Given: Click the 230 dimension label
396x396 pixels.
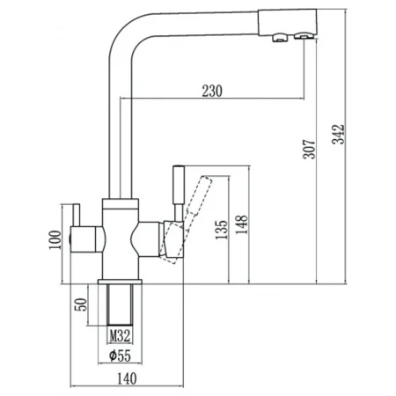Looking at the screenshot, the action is (x=212, y=91).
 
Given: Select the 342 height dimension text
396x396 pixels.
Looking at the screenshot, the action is (x=338, y=135).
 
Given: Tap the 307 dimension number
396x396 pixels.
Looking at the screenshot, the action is (x=309, y=150).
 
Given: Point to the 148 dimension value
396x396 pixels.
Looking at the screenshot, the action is (x=242, y=224).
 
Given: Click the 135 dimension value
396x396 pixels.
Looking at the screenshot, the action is (x=222, y=230).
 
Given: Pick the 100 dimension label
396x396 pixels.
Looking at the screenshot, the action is (x=55, y=240).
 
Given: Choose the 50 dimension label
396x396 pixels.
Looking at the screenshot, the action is (x=81, y=304).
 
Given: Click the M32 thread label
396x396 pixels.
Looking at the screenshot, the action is (x=120, y=335).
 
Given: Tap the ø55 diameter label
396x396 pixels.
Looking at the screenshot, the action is (x=120, y=356).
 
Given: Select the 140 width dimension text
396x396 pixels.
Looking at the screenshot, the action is (x=127, y=378).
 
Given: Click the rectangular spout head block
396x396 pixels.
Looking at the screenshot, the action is (x=288, y=22).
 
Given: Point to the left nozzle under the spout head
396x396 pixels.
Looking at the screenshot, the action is (x=280, y=38).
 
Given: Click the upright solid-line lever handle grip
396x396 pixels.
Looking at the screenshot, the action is (x=179, y=185).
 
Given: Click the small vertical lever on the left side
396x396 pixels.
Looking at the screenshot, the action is (x=77, y=215).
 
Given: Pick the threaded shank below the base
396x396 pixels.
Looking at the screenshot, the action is (x=121, y=304).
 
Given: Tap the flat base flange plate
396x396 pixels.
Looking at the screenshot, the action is (x=120, y=282).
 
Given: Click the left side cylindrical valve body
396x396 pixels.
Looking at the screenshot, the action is (x=86, y=239).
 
